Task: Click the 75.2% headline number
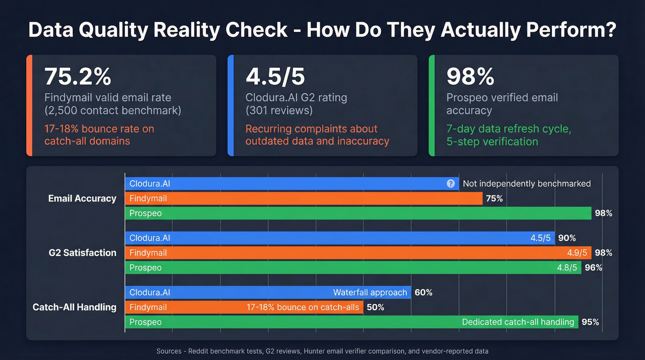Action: tap(77, 77)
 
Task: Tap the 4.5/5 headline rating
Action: tap(275, 77)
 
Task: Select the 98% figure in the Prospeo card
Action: tap(470, 77)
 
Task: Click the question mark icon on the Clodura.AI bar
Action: tap(451, 183)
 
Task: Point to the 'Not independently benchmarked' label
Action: tap(527, 183)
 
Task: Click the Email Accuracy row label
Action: tap(82, 198)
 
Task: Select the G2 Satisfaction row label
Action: tap(82, 253)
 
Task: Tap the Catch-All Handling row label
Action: tap(75, 307)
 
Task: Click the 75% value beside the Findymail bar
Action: tap(494, 199)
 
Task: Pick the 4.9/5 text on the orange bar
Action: tap(577, 253)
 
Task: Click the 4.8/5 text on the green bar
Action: tap(567, 268)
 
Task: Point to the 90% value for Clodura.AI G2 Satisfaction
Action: tap(567, 238)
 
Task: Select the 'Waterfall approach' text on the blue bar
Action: tap(370, 292)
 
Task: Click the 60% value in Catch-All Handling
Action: tap(423, 292)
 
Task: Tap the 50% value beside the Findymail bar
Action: tap(375, 307)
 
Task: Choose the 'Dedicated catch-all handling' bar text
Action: tap(518, 322)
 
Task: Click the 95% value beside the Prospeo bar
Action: tap(590, 322)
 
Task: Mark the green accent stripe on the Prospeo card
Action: tap(432, 106)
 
